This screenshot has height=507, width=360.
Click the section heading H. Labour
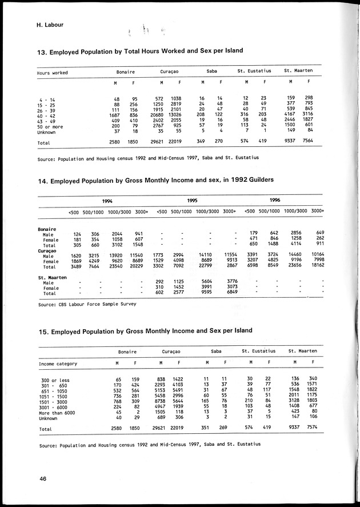pos(41,25)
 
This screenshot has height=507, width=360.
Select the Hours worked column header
pos(52,73)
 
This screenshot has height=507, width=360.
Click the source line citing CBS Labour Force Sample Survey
pos(87,304)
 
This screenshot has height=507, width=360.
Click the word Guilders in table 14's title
pos(257,180)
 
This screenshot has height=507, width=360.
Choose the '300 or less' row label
pos(54,379)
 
